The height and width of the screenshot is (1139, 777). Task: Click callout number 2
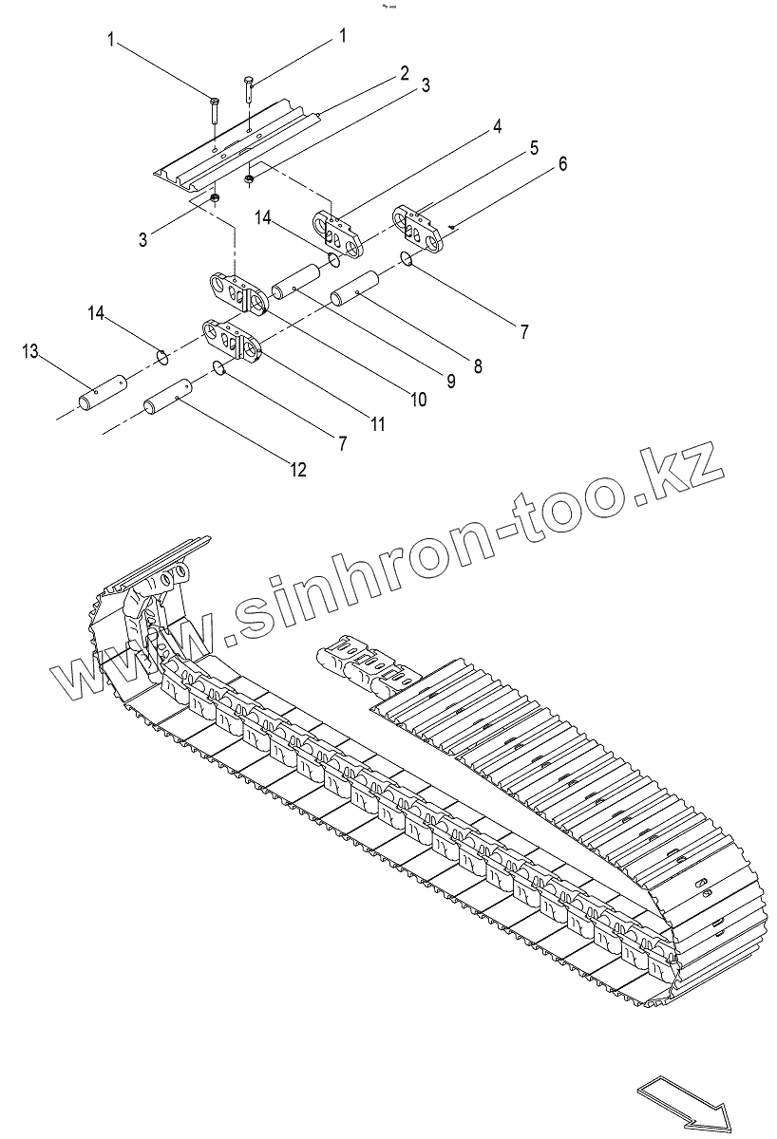pyautogui.click(x=404, y=73)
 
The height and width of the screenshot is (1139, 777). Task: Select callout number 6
pyautogui.click(x=563, y=163)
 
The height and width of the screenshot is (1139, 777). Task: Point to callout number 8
pyautogui.click(x=476, y=364)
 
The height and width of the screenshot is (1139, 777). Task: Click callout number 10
pyautogui.click(x=417, y=401)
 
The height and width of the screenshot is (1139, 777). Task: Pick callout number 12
pyautogui.click(x=298, y=470)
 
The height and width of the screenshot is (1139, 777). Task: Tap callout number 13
pyautogui.click(x=30, y=352)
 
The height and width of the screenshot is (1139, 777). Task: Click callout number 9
pyautogui.click(x=451, y=382)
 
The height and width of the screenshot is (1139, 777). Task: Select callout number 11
pyautogui.click(x=378, y=424)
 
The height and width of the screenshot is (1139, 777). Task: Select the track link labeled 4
pyautogui.click(x=339, y=232)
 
